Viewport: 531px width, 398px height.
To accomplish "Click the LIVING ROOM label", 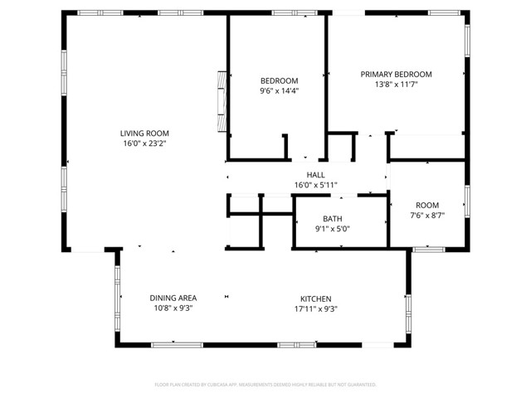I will (144, 133).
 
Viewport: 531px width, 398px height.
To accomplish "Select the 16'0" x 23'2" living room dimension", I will (144, 143).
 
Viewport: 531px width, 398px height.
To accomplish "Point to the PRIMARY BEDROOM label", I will (396, 74).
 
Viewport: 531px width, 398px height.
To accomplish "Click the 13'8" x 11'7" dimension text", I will (396, 85).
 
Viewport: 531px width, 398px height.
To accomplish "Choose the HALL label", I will (315, 174).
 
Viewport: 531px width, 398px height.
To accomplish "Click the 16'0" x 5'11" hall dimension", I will (315, 185).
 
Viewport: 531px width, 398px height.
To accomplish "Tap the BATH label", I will (332, 219).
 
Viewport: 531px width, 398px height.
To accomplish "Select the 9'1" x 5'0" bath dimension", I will (332, 230).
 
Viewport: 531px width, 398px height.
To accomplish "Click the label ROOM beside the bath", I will (427, 205).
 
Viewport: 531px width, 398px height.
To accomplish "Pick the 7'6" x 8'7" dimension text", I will (427, 216).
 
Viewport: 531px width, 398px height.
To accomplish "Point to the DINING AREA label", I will (173, 298).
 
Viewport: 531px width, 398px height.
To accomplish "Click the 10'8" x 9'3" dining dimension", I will (173, 309).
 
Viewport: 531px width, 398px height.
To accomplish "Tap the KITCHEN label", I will (315, 298).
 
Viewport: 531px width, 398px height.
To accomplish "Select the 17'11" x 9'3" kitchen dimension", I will (315, 309).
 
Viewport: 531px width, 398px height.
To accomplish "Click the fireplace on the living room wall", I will (221, 99).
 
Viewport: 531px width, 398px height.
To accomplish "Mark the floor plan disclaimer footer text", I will (265, 385).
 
